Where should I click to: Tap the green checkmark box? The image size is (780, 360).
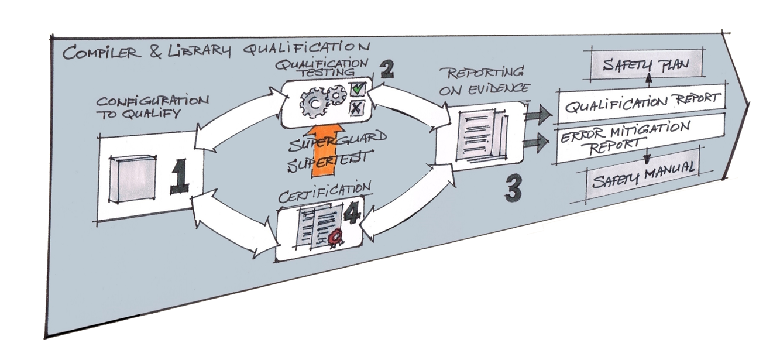358,90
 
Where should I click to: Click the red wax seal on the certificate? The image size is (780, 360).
336,236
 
